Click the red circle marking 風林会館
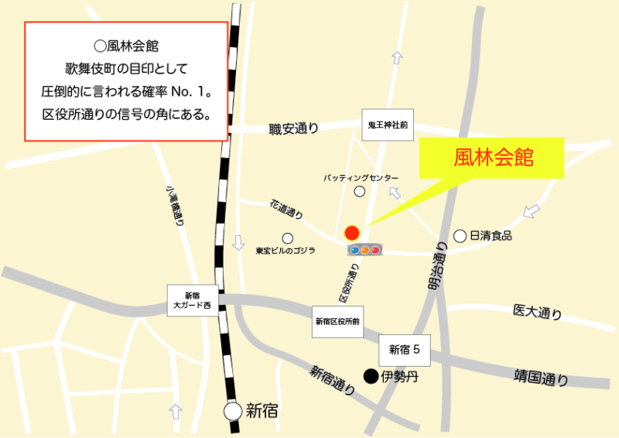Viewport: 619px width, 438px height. (x=352, y=232)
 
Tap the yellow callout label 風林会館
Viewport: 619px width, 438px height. (x=493, y=158)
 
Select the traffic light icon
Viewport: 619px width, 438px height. (x=365, y=250)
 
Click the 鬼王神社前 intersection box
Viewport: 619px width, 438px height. (x=388, y=125)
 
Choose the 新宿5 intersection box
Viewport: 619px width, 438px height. (x=404, y=350)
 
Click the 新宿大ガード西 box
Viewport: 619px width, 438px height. (x=192, y=300)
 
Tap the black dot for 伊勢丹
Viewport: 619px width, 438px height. (x=371, y=377)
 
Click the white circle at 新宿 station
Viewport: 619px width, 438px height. (x=233, y=411)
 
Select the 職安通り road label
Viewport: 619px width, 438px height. (x=294, y=128)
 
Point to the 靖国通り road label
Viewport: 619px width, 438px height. (x=541, y=378)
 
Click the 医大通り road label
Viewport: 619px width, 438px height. (x=537, y=312)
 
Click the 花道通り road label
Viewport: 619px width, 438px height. (x=286, y=210)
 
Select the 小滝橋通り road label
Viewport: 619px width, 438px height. (x=174, y=204)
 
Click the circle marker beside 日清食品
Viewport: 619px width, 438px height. (x=460, y=235)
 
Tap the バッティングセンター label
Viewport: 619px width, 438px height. (x=361, y=177)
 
